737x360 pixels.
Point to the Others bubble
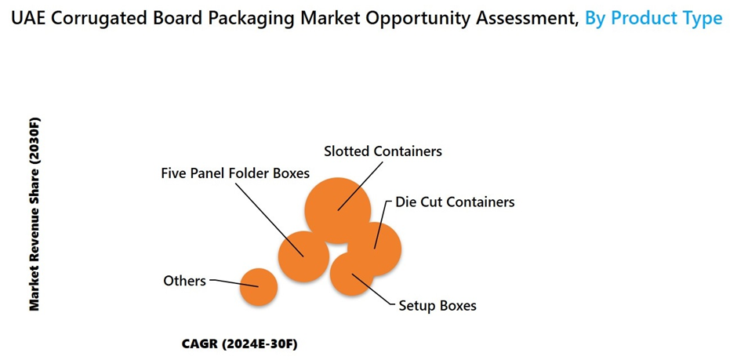(258, 287)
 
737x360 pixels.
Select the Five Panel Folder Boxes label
(235, 173)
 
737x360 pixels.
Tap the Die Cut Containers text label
(455, 202)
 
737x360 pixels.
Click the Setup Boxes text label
(437, 305)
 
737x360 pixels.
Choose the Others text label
(184, 280)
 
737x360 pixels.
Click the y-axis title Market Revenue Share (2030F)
(34, 214)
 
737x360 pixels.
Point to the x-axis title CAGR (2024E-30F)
(240, 344)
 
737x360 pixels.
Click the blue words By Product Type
(654, 18)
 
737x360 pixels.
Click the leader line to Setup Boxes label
(375, 290)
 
